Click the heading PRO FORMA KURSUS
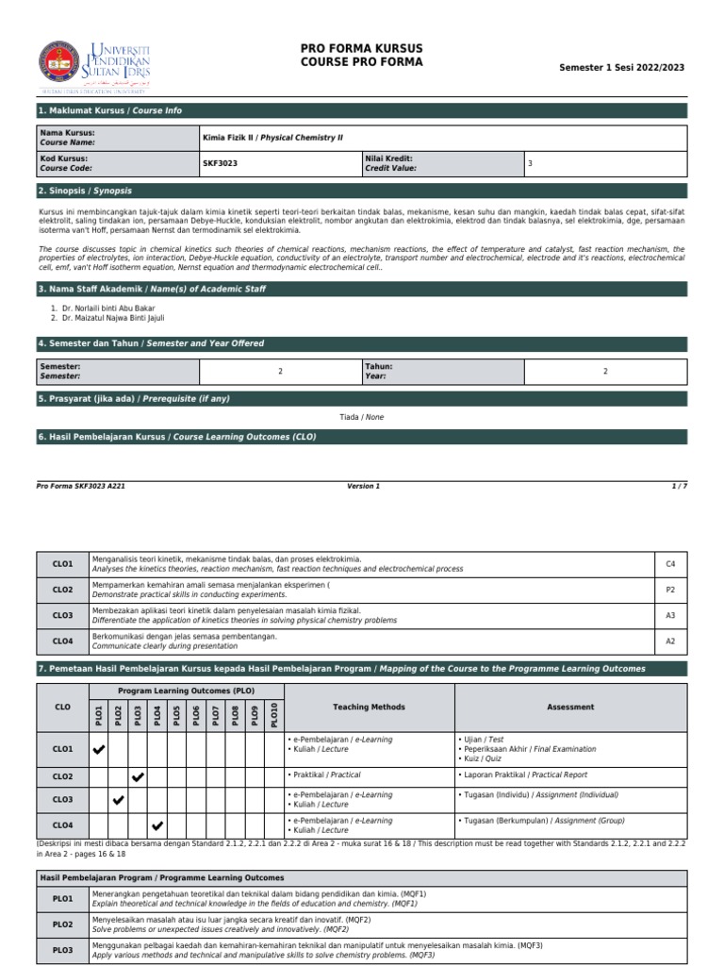tap(361, 48)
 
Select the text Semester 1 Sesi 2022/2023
tap(622, 68)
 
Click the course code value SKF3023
tap(221, 163)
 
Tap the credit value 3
tap(530, 163)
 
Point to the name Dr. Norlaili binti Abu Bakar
tap(108, 308)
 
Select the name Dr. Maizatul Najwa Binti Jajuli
tap(111, 319)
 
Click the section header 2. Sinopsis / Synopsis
tap(85, 190)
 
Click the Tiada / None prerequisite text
tap(361, 416)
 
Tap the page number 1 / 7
tap(679, 486)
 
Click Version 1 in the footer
tap(363, 486)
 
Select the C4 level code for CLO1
tap(671, 564)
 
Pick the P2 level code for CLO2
tap(671, 590)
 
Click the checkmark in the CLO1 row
tap(99, 749)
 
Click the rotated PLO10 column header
tap(274, 714)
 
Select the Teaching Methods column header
tap(369, 707)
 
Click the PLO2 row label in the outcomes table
tap(62, 924)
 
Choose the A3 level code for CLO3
tap(671, 615)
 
